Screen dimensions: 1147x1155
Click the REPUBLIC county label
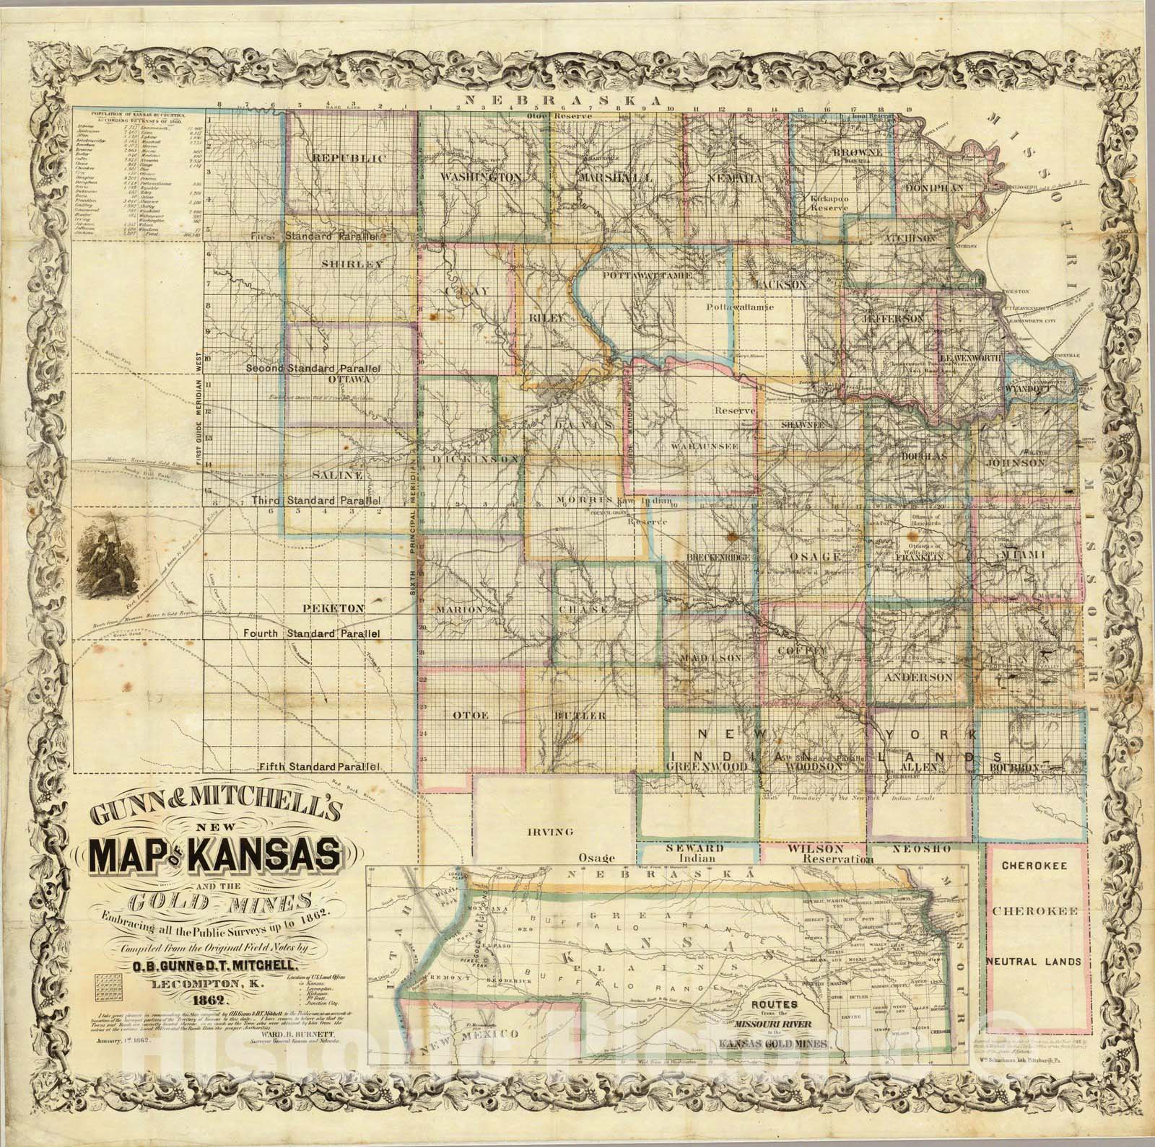[349, 158]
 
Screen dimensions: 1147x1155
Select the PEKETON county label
[340, 610]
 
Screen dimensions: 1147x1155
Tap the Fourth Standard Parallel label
[311, 633]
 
